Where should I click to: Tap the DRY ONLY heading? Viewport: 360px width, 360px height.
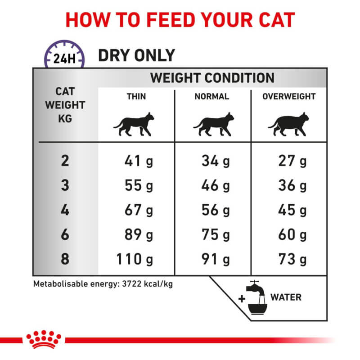136,55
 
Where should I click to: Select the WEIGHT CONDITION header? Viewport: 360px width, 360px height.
212,77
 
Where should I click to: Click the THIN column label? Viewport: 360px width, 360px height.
136,96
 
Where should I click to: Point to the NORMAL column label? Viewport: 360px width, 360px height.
211,96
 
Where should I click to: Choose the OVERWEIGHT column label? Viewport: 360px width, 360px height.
289,96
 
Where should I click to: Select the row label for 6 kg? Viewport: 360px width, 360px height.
65,235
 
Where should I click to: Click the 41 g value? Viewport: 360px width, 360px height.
139,161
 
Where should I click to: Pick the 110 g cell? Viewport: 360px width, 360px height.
135,260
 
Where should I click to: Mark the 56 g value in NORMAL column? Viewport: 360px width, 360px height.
216,210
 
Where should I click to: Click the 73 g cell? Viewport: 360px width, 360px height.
292,260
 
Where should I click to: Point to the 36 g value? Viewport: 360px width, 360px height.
292,185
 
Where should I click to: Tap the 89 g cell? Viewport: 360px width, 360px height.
139,235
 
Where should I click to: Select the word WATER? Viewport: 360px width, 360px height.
286,297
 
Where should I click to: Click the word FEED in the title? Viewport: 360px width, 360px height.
163,20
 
